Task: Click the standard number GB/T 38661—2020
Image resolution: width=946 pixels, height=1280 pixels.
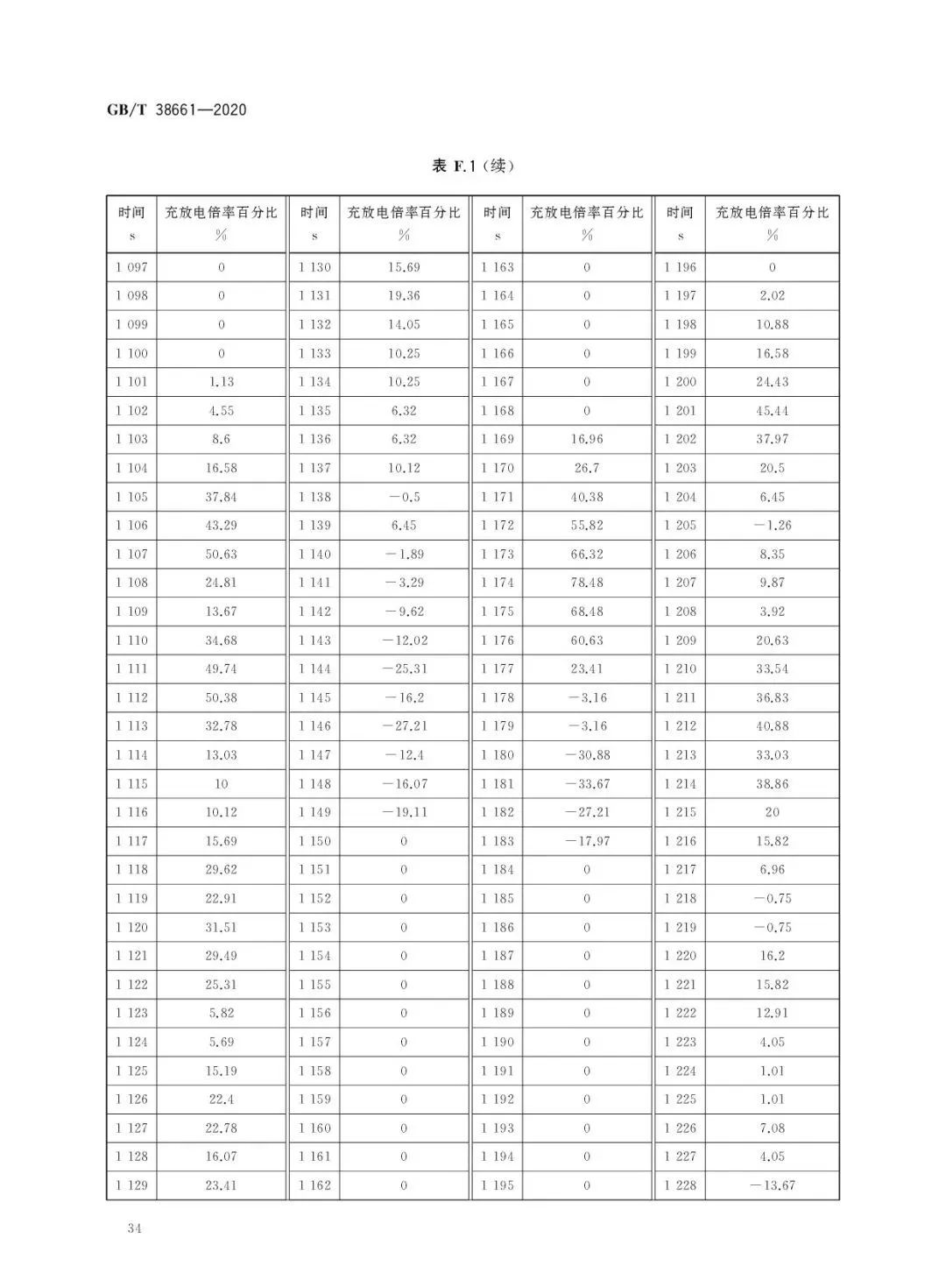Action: (176, 110)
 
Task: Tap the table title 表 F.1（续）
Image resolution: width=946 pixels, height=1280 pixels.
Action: (473, 166)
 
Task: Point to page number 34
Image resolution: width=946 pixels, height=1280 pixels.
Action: (134, 1227)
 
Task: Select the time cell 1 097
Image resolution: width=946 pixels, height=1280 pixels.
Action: (131, 267)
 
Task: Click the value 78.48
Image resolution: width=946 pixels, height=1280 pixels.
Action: (586, 583)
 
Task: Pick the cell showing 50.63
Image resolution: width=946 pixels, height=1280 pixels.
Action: (221, 554)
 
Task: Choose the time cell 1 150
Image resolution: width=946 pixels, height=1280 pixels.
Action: (314, 841)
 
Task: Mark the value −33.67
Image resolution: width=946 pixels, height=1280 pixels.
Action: (586, 783)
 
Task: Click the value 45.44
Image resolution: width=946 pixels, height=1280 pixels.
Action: (772, 410)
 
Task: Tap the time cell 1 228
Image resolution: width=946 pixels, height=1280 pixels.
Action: (680, 1185)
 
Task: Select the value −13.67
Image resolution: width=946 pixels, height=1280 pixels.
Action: (772, 1185)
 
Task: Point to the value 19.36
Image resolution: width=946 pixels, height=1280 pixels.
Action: (404, 296)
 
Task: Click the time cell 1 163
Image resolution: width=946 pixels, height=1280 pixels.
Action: (497, 267)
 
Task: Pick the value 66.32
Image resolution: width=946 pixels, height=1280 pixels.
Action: (586, 554)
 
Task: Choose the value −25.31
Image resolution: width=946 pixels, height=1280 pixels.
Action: (404, 668)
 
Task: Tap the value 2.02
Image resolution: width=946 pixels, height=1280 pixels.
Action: (772, 296)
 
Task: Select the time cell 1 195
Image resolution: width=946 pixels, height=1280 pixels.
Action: (497, 1185)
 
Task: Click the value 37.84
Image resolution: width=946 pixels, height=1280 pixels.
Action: (221, 497)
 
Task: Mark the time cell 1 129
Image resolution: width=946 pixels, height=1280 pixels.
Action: (131, 1185)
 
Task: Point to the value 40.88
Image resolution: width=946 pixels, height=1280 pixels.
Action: (772, 726)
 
